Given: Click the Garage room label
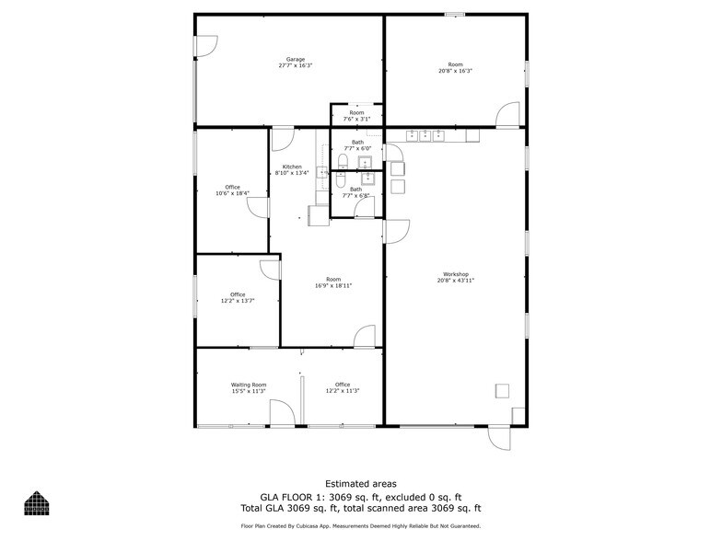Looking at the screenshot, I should click(x=295, y=60).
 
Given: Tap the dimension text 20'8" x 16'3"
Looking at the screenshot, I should click(x=455, y=71).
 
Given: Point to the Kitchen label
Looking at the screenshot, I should click(x=292, y=167).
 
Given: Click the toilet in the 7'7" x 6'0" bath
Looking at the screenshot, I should click(x=342, y=163).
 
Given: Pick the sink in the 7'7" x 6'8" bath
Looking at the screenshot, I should click(x=367, y=177).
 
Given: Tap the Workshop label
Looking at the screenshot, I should click(x=456, y=274).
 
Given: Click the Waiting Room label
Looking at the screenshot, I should click(x=249, y=385).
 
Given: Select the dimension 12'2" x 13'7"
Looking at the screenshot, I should click(x=238, y=301).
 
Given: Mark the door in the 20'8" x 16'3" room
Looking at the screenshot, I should click(x=507, y=115).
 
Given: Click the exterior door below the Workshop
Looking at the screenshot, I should click(x=500, y=438).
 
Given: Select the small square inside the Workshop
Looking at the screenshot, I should click(x=502, y=390).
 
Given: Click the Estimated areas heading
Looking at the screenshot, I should click(x=361, y=484).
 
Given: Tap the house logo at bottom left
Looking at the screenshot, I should click(x=37, y=503).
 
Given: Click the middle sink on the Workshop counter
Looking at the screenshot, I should click(x=425, y=135).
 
